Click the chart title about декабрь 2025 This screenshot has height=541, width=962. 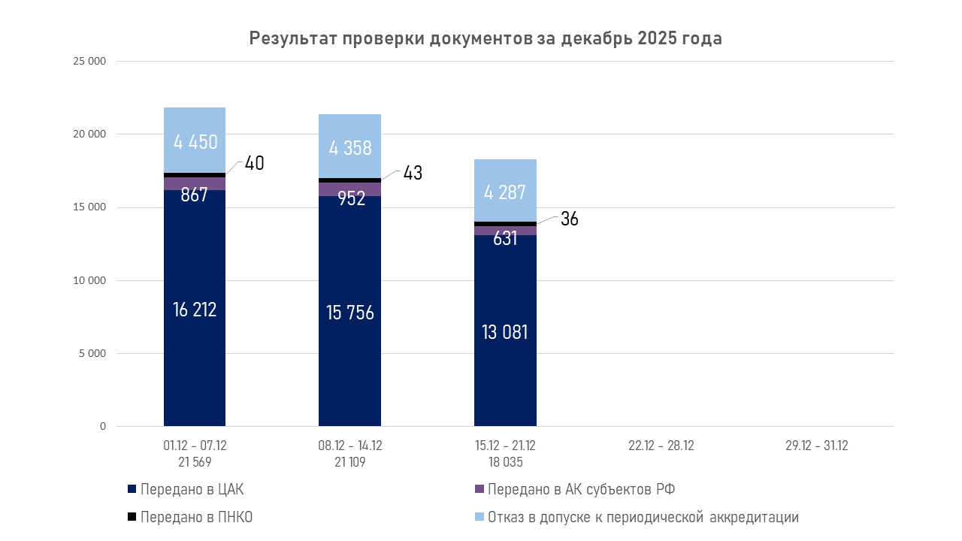[486, 39]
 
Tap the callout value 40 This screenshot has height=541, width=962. [254, 163]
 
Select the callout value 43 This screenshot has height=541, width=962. [413, 173]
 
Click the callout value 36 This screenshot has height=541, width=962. [569, 219]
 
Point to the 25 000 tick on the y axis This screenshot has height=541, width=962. [89, 62]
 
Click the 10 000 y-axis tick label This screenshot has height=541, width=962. [89, 280]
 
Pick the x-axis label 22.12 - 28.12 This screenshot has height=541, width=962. [661, 446]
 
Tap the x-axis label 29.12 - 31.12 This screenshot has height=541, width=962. [816, 446]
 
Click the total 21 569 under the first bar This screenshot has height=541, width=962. [195, 462]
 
